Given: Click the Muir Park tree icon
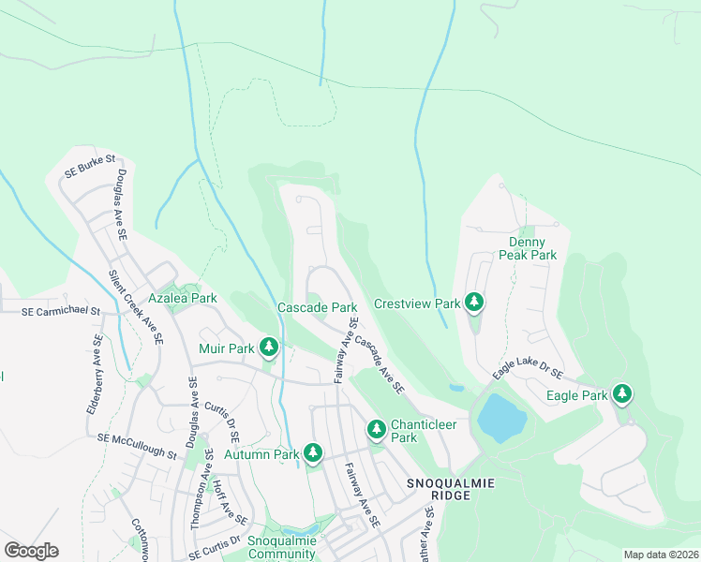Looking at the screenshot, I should coord(269,348).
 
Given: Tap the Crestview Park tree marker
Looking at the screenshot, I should coord(475,303).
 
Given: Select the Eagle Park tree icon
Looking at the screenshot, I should coord(620,394).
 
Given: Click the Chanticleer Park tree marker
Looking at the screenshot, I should coord(377,429).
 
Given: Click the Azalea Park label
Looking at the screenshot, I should coord(187,298).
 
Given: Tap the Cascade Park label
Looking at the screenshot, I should coord(317,307).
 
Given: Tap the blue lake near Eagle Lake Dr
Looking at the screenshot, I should coord(501,418).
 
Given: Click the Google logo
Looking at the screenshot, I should coord(31,551).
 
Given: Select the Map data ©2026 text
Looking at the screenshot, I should coord(660,555).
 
